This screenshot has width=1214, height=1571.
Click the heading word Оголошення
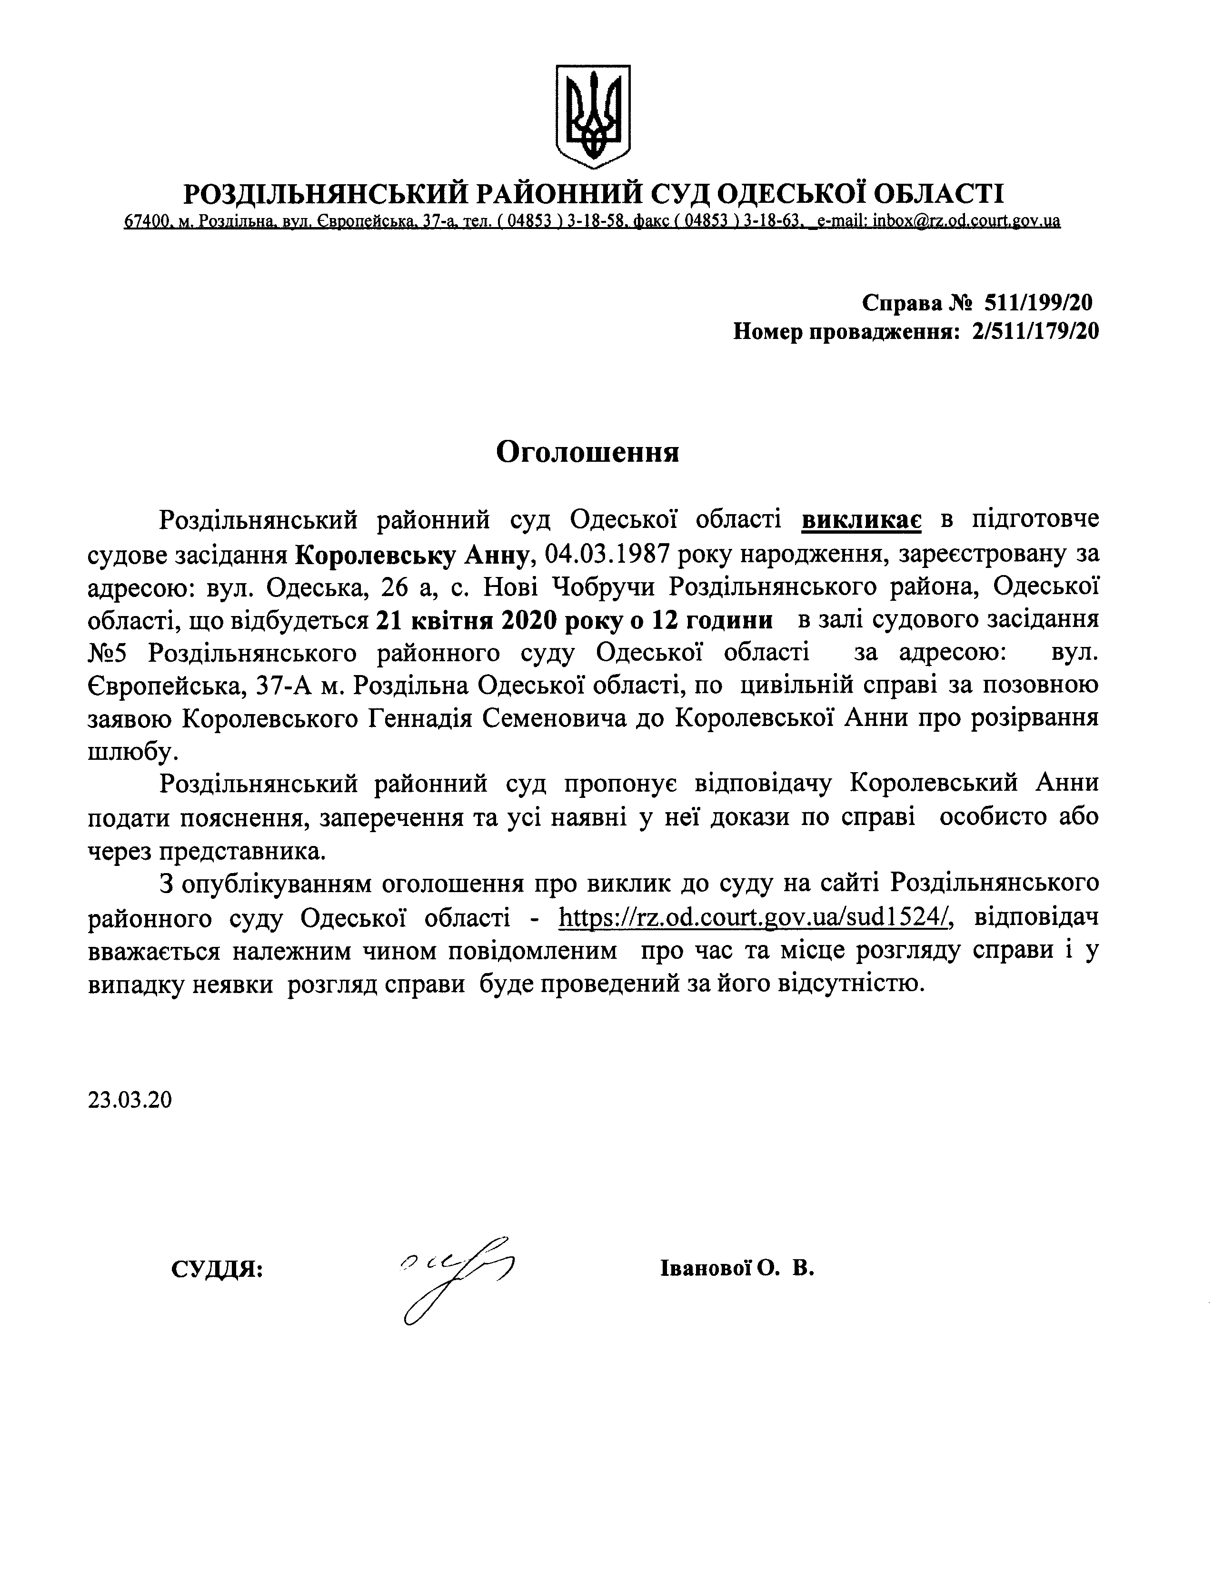587,452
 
